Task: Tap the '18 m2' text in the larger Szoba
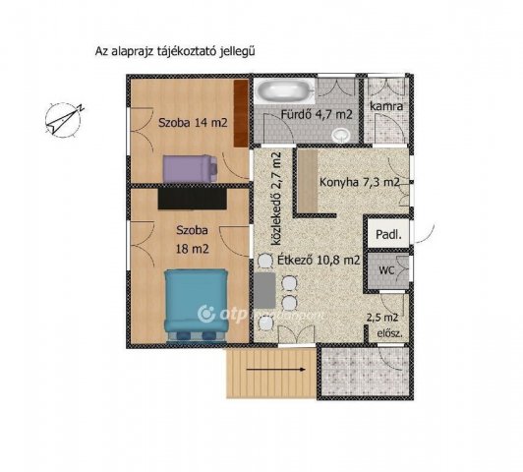pyautogui.click(x=193, y=249)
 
